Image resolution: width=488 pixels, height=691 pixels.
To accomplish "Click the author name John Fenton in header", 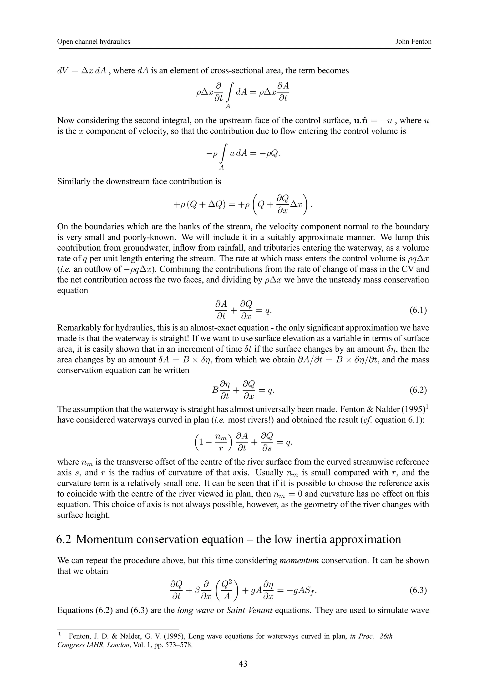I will tap(413, 41).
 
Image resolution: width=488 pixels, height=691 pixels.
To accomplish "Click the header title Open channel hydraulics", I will tap(93, 41).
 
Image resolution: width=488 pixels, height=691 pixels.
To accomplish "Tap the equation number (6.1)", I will tap(418, 310).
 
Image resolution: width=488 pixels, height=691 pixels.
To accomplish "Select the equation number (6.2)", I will tap(418, 391).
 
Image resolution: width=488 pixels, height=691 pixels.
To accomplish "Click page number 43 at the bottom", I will tap(243, 664).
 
